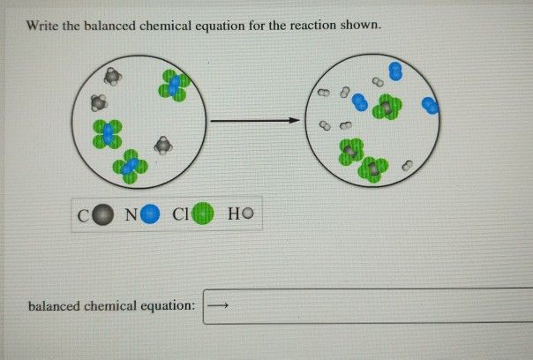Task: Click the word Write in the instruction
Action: tap(41, 26)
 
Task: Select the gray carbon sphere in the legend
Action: tap(104, 214)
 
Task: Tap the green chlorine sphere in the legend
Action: tap(204, 214)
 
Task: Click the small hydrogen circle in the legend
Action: tap(247, 214)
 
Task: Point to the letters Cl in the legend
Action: tap(181, 214)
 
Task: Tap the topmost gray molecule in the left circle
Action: tap(110, 76)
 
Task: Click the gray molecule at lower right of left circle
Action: tap(162, 144)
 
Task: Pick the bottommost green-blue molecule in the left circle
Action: tap(131, 166)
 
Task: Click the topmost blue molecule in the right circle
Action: tap(396, 71)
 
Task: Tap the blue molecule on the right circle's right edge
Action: tap(430, 105)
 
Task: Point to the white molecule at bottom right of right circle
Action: tap(408, 164)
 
